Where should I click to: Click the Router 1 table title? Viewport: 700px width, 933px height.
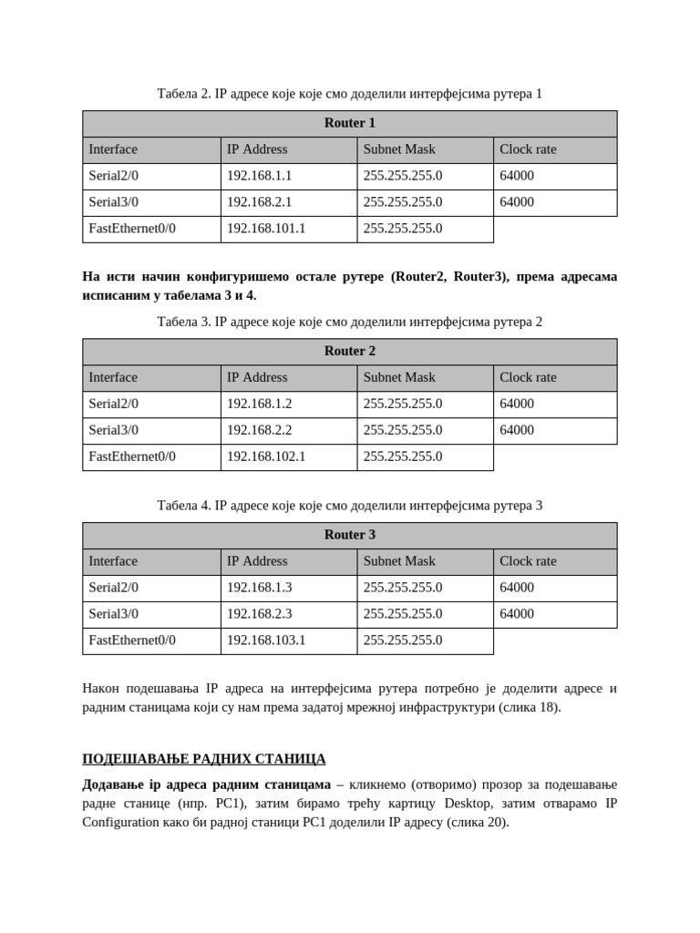[x=349, y=123]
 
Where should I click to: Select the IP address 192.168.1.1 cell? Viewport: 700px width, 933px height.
[x=259, y=176]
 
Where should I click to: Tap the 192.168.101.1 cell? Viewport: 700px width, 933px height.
[x=266, y=229]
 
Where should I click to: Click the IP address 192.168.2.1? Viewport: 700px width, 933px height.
[x=259, y=202]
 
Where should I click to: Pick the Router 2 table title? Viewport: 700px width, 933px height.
[x=349, y=351]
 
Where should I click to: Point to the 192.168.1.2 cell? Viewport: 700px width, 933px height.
[x=259, y=404]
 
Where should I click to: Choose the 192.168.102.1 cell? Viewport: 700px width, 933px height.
[x=266, y=456]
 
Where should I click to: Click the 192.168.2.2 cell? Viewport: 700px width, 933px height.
[x=259, y=430]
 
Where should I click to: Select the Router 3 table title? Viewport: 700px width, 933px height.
[x=349, y=535]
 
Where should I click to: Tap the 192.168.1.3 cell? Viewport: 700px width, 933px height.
[x=259, y=588]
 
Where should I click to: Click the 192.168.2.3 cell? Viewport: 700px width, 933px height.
[x=259, y=614]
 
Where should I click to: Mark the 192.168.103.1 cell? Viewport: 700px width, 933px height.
[x=266, y=641]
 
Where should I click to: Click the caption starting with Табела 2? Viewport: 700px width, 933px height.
[x=349, y=94]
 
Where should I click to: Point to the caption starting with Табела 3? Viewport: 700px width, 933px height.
[x=349, y=322]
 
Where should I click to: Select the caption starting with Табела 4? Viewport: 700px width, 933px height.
[x=349, y=506]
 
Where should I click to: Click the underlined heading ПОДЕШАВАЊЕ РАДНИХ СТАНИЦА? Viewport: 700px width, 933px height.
[x=203, y=759]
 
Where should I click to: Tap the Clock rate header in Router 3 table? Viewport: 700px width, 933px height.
[x=528, y=561]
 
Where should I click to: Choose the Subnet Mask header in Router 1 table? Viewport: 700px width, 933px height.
[x=399, y=149]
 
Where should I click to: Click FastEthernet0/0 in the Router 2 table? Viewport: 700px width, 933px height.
[x=132, y=456]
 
